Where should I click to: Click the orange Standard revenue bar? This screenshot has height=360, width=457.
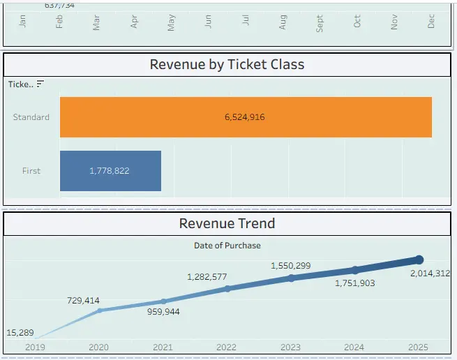[x=246, y=117]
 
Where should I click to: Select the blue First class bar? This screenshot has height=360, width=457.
[x=110, y=171]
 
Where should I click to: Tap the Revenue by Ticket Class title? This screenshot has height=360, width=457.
[x=227, y=65]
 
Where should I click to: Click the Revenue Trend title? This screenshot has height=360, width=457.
[x=227, y=223]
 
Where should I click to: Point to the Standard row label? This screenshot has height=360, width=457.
[x=31, y=117]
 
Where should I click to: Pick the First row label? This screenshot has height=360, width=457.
[x=31, y=171]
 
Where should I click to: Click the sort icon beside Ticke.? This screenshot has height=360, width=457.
[x=40, y=84]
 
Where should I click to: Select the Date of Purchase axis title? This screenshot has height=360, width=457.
[x=227, y=245]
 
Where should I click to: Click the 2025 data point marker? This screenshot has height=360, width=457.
[x=419, y=260]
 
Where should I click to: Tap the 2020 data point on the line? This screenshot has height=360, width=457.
[x=99, y=310]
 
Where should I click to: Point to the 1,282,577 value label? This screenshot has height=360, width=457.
[x=207, y=277]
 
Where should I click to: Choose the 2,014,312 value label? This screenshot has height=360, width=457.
[x=430, y=273]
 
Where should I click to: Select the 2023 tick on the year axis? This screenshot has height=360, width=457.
[x=291, y=347]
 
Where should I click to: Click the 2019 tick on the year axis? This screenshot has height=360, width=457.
[x=34, y=347]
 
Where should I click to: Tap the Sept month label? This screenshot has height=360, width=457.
[x=320, y=24]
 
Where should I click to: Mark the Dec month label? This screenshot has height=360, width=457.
[x=431, y=22]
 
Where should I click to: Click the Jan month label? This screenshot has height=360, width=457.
[x=23, y=22]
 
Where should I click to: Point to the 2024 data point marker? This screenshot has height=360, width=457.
[x=355, y=269]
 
